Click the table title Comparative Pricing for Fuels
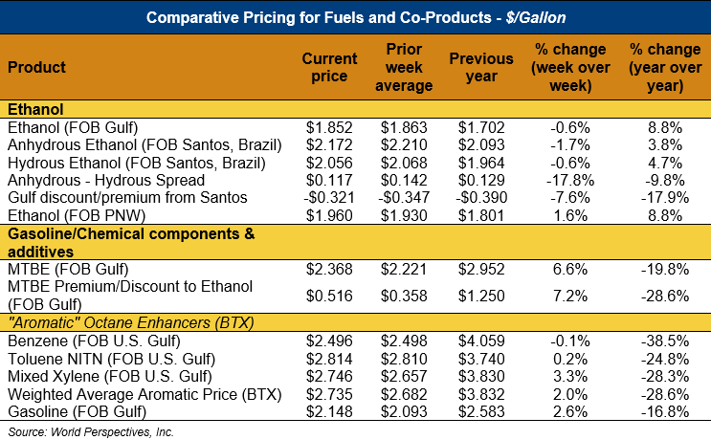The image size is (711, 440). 355,17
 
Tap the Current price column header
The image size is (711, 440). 329,67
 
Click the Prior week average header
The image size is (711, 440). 407,67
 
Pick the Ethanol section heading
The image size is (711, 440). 34,109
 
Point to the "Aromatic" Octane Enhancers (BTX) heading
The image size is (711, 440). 130,322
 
